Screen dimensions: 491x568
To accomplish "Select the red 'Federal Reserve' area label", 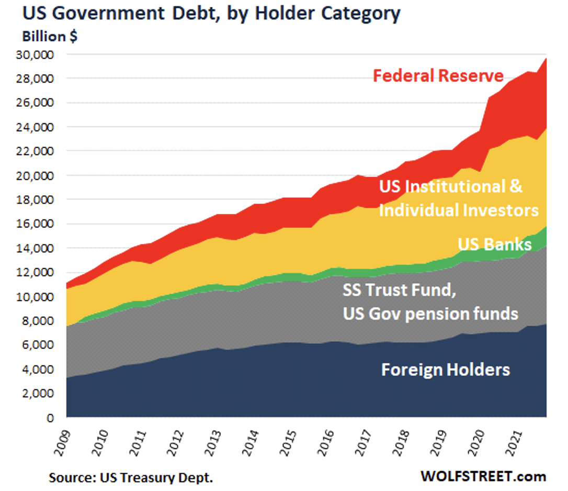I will (438, 76).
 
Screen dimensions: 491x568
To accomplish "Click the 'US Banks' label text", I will (494, 244).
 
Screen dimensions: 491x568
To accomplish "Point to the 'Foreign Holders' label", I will (445, 370).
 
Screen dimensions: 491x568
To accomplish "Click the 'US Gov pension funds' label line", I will (430, 314).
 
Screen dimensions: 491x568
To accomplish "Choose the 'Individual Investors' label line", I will (458, 210).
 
